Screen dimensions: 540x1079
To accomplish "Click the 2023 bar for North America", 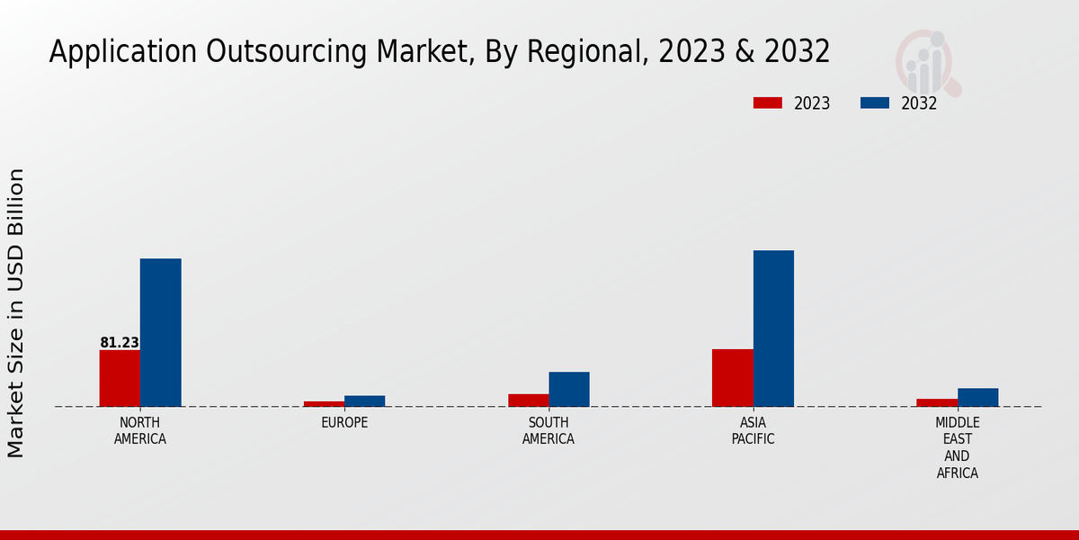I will [120, 378].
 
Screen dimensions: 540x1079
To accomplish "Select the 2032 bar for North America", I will [160, 332].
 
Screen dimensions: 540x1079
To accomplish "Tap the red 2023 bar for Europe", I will [324, 403].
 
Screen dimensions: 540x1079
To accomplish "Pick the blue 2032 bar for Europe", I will [364, 400].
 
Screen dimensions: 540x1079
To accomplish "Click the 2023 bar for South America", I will [528, 400].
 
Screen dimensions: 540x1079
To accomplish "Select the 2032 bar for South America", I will [569, 389].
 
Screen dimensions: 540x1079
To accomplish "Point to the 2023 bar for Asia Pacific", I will [732, 377].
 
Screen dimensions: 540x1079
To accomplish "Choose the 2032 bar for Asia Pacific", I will [773, 328].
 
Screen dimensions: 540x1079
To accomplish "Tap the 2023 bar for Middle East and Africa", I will [937, 402].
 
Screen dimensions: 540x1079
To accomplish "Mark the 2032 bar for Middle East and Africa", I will [977, 397].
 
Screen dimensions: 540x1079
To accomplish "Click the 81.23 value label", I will [120, 343].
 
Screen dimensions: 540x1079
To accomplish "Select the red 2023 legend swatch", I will [767, 103].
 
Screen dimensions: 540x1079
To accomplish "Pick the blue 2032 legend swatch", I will [874, 103].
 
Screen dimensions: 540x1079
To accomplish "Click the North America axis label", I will [140, 431].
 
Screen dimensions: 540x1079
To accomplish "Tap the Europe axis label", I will [344, 423].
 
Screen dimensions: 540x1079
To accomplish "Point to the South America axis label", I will [548, 431].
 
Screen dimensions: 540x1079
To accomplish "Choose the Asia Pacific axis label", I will [753, 431].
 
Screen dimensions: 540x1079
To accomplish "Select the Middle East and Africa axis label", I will [958, 447].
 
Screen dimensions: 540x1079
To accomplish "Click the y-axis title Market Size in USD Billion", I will [16, 312].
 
